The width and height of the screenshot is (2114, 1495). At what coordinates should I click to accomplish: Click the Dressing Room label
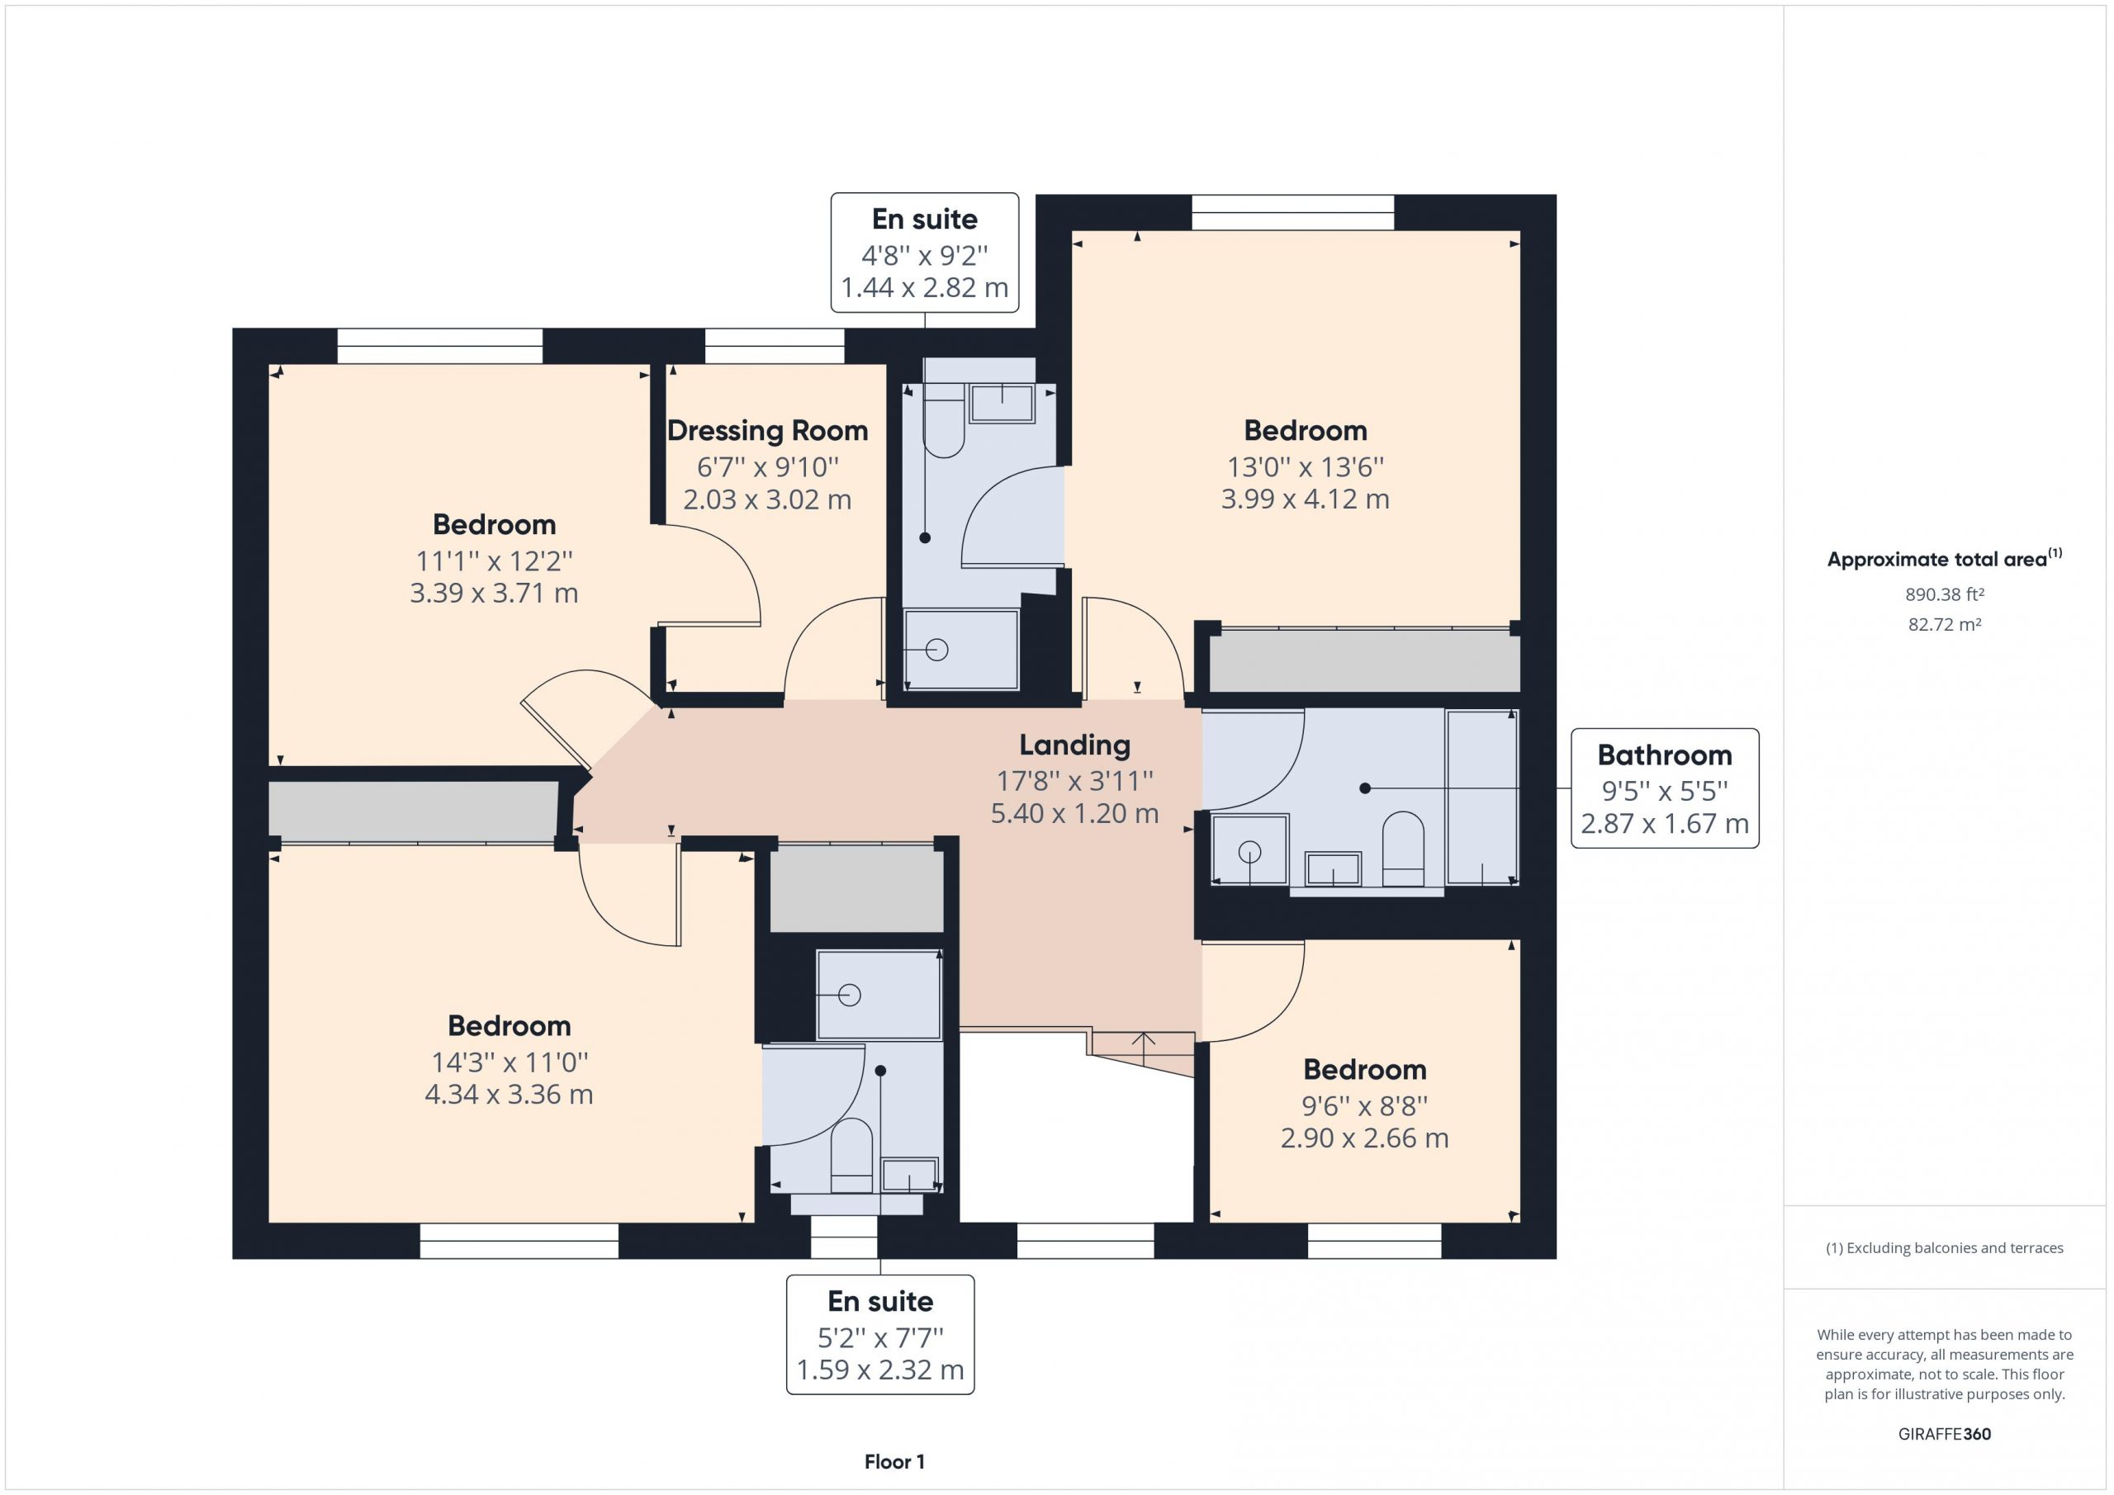pyautogui.click(x=767, y=431)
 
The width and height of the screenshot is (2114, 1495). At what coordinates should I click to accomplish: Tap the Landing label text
pyautogui.click(x=1074, y=745)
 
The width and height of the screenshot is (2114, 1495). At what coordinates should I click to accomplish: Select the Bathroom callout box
pyautogui.click(x=1665, y=788)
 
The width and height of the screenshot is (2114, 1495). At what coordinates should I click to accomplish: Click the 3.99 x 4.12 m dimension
pyautogui.click(x=1305, y=499)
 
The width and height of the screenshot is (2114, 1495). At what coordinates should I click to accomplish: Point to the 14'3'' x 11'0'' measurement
pyautogui.click(x=510, y=1062)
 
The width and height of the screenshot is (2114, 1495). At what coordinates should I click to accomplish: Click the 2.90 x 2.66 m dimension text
pyautogui.click(x=1364, y=1138)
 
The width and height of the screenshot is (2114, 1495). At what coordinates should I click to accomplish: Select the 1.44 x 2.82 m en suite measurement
pyautogui.click(x=924, y=288)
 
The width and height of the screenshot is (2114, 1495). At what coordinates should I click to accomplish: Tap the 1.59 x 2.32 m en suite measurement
pyautogui.click(x=880, y=1370)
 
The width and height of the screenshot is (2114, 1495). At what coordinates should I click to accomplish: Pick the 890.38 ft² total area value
pyautogui.click(x=1945, y=594)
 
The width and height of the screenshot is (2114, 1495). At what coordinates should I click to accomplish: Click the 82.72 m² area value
pyautogui.click(x=1945, y=624)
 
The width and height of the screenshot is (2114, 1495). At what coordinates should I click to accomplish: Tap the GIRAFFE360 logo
pyautogui.click(x=1945, y=1433)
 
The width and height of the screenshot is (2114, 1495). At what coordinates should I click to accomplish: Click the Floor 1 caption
pyautogui.click(x=894, y=1462)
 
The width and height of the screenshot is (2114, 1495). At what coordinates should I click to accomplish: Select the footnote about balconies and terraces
pyautogui.click(x=1945, y=1247)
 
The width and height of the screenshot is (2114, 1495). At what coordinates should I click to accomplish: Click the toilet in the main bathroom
pyautogui.click(x=1403, y=849)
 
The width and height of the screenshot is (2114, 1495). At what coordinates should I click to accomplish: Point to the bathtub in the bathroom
pyautogui.click(x=1481, y=797)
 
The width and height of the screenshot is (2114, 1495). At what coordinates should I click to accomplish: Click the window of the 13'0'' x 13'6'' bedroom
pyautogui.click(x=1292, y=213)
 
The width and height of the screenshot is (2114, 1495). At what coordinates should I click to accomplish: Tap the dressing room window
pyautogui.click(x=775, y=347)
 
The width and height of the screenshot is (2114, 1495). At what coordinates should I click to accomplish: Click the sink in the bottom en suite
pyautogui.click(x=910, y=1175)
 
